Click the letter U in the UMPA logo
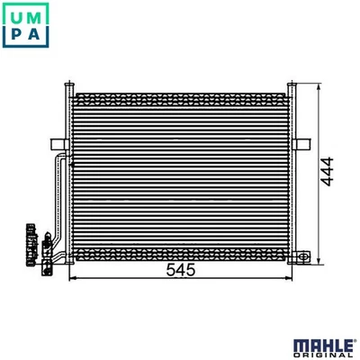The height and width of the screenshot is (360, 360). (15, 15)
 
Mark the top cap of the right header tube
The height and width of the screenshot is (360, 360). (292, 84)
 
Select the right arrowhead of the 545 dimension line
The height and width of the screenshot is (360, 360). (288, 277)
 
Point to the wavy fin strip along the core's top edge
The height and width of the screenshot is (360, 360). (180, 94)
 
